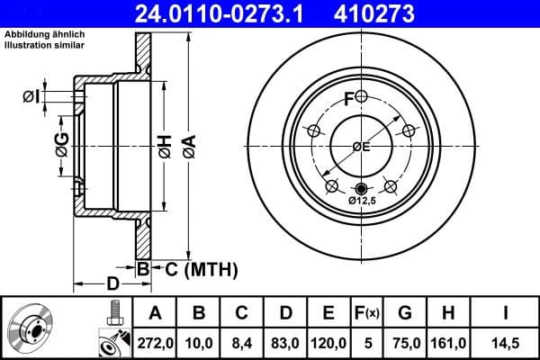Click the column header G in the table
pos(404,312)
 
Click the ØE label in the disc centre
pos(361,147)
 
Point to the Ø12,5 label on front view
pos(364,202)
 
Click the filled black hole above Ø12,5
pos(362,188)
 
